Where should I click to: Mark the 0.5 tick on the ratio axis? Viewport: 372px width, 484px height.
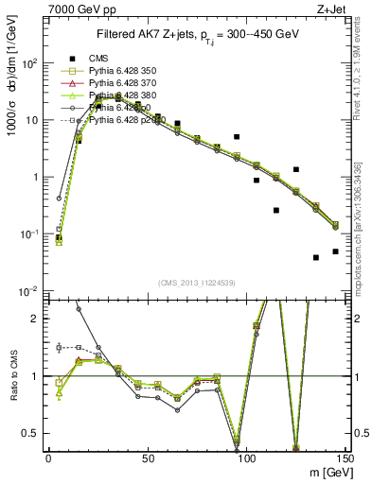pos(33,433)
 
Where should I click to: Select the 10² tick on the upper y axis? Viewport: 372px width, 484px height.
pos(29,63)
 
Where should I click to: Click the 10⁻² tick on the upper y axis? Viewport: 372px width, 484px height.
pos(29,290)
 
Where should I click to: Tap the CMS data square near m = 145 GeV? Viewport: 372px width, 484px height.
pos(335,251)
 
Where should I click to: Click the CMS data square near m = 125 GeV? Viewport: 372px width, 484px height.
pos(296,169)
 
